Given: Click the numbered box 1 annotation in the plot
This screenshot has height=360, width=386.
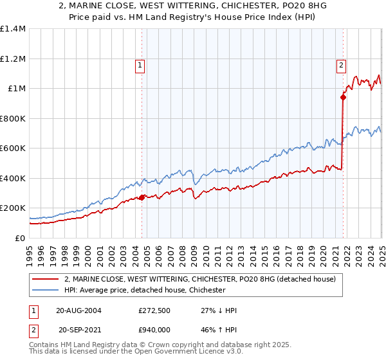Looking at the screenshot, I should tap(140, 64).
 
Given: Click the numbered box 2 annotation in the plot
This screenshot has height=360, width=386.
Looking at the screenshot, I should tap(340, 64).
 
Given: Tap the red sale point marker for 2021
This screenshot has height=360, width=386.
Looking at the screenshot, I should tap(343, 98).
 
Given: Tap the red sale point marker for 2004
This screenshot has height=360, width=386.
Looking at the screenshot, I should tap(142, 197).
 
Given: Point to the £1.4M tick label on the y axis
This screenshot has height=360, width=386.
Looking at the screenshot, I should tap(13, 29).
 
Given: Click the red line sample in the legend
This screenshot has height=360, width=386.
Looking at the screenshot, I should tap(46, 279).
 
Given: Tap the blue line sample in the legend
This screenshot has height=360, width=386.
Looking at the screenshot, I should tap(46, 291).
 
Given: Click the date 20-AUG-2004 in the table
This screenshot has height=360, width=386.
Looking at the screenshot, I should tap(79, 310).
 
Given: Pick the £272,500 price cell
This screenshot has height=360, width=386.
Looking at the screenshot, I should tap(152, 310).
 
